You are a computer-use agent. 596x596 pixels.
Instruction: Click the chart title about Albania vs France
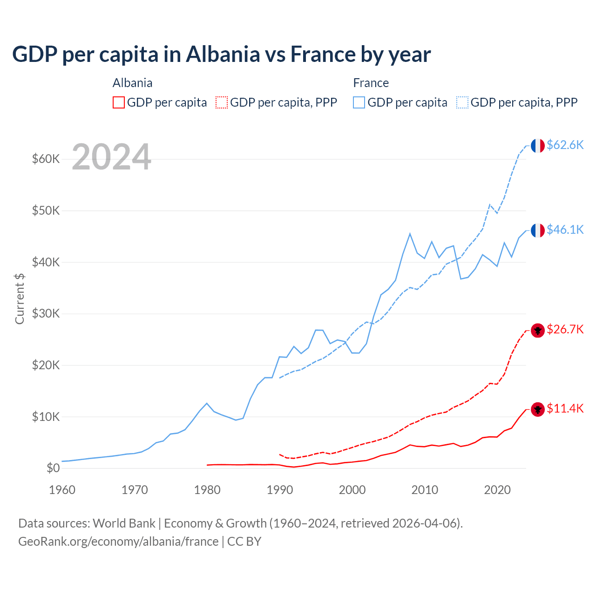[x=221, y=54]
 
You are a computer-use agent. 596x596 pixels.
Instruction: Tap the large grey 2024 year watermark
[x=111, y=157]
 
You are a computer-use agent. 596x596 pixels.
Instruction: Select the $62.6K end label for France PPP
[x=565, y=145]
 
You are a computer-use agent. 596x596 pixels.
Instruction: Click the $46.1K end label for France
[x=565, y=230]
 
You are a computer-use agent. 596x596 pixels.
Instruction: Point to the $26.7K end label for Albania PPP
[x=565, y=330]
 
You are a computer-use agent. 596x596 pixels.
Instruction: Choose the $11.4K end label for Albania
[x=565, y=409]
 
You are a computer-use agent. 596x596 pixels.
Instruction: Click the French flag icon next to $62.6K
[x=538, y=146]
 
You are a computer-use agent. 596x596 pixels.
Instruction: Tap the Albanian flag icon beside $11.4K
[x=538, y=410]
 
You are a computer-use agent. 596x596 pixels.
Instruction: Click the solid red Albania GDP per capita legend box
[x=119, y=102]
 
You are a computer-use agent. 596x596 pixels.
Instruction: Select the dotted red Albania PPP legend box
[x=222, y=102]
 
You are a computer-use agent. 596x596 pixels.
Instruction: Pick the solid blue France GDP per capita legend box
[x=359, y=102]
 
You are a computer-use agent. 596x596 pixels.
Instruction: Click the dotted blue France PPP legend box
[x=462, y=102]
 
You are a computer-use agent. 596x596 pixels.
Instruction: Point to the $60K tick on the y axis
[x=46, y=159]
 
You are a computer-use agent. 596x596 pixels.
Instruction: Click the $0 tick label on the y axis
[x=53, y=468]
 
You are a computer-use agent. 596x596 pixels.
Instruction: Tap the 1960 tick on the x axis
[x=62, y=490]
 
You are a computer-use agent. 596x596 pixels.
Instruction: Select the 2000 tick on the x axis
[x=352, y=490]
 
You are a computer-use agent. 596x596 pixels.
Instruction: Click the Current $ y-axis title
[x=20, y=299]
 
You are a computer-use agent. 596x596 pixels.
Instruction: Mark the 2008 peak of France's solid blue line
[x=410, y=234]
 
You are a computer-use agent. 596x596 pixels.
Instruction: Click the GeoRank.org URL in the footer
[x=118, y=542]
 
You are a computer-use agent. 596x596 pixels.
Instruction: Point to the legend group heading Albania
[x=132, y=83]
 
